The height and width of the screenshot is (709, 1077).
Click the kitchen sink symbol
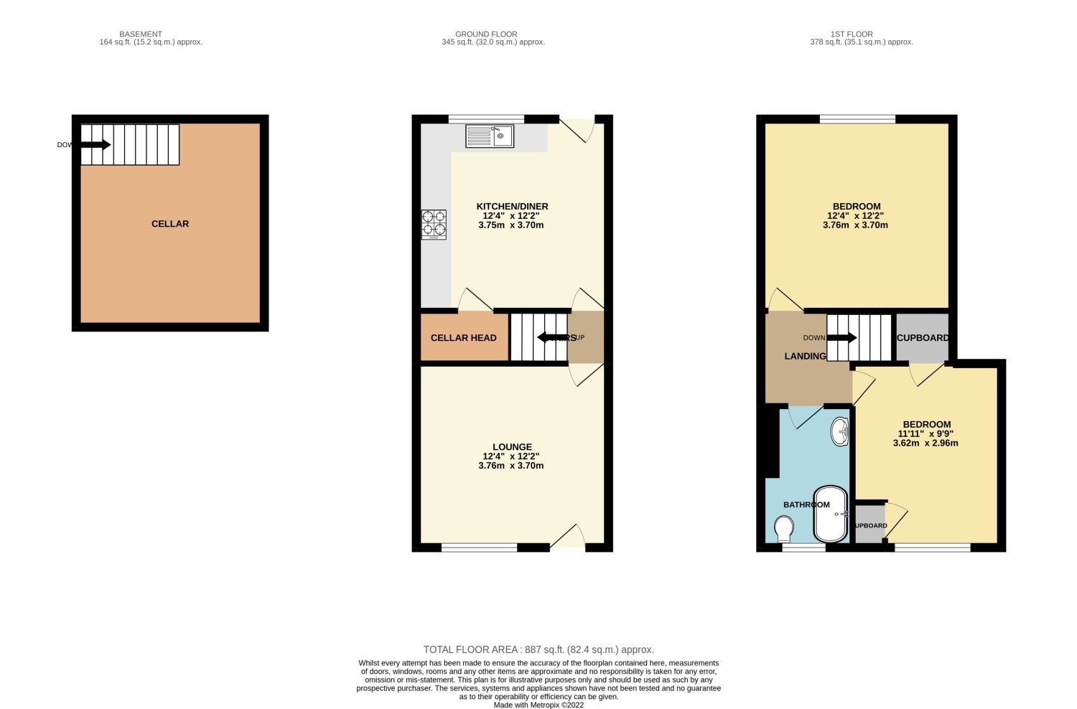pos(490,136)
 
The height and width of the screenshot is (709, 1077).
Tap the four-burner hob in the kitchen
pos(434,224)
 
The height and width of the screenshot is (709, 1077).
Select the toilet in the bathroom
pos(784,530)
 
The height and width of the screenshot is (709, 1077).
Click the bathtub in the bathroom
pos(831,515)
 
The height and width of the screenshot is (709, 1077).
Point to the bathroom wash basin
pos(839,432)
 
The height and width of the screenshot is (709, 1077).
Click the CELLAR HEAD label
pos(463,338)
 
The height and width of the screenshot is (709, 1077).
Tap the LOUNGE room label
pos(512,447)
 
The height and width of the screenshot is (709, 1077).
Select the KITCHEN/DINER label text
pos(512,207)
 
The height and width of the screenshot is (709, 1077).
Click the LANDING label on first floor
pos(805,356)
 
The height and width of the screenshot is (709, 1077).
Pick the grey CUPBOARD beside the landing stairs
pos(922,338)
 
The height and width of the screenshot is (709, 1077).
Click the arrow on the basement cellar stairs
pos(95,145)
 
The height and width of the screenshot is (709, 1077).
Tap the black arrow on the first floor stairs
pos(841,338)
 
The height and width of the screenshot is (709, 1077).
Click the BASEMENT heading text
pos(141,34)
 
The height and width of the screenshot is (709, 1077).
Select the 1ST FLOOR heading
pos(852,34)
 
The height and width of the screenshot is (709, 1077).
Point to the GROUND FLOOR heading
pos(486,34)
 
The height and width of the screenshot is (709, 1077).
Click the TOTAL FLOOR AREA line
pos(538,649)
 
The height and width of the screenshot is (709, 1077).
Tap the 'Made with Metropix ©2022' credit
pos(538,705)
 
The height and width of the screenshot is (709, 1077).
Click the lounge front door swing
pos(569,537)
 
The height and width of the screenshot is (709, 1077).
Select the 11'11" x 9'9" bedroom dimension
pos(926,433)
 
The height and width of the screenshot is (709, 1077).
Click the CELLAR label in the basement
pos(170,224)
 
